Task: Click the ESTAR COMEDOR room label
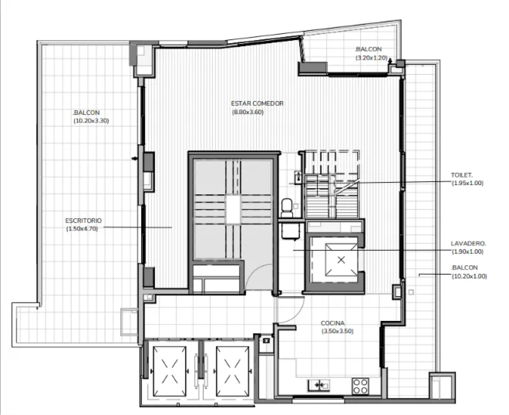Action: [257, 103]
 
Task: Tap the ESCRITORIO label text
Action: [83, 220]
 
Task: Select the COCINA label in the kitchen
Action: [333, 323]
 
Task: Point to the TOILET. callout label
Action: [462, 175]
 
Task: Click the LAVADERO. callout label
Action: [468, 243]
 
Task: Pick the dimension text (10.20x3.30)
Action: [91, 121]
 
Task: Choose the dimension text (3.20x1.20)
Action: [371, 58]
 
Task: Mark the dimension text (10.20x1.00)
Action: [469, 276]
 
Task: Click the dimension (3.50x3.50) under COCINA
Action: [337, 331]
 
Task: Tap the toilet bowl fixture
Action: [286, 206]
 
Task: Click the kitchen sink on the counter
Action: [319, 385]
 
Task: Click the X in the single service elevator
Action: [341, 260]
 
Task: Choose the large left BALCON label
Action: [86, 113]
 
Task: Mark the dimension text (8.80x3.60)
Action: [248, 112]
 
